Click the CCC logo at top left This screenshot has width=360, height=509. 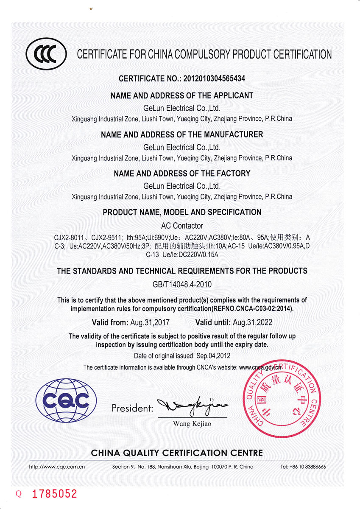(46, 55)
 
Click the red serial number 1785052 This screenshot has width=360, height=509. (54, 494)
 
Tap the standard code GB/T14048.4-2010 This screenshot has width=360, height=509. (181, 284)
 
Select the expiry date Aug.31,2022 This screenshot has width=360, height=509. (254, 322)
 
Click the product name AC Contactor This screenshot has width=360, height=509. (182, 226)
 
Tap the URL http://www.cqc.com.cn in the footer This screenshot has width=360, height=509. (57, 467)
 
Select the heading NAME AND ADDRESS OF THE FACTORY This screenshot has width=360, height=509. (182, 173)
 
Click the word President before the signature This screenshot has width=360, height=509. (132, 408)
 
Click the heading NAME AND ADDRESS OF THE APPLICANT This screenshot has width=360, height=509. (182, 96)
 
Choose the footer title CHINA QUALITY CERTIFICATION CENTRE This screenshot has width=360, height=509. (177, 453)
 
